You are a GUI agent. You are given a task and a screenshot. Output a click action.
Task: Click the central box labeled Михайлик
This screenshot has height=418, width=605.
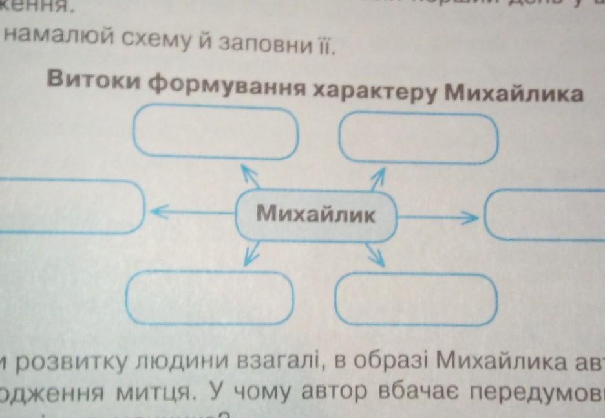pos(315,214)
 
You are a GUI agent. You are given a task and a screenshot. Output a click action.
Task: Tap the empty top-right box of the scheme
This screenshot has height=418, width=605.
pos(418,138)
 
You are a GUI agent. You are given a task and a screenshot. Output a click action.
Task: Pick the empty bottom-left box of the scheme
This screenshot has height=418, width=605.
pos(211,296)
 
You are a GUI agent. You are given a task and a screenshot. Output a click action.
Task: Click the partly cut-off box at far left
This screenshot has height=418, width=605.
pos(68,206)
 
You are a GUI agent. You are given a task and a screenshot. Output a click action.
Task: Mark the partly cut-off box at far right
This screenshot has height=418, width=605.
pos(546,215)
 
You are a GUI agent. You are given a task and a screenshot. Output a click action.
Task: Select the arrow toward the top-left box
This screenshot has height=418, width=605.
pos(249,175)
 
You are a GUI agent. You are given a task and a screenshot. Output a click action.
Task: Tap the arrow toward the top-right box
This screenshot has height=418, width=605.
pos(377,177)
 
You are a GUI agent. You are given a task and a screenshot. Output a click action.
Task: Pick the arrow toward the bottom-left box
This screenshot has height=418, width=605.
pos(251,254)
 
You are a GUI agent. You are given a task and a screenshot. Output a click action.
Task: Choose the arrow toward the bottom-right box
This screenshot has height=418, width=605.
pos(376,256)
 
